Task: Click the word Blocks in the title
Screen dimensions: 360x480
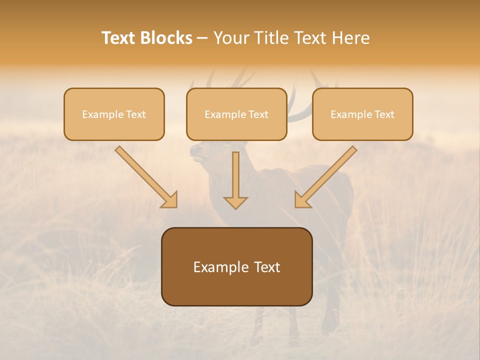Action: (167, 38)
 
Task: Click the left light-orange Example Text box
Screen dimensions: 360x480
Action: (114, 114)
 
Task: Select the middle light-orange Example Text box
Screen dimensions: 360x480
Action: (236, 114)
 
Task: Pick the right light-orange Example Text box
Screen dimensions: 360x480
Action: (362, 114)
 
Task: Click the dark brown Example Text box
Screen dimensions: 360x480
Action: (236, 267)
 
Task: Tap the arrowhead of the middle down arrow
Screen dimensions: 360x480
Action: (235, 202)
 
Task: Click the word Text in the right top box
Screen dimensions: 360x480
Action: (384, 114)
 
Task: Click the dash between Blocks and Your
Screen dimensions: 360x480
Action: (202, 38)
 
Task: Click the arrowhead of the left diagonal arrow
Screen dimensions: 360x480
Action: (170, 200)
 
